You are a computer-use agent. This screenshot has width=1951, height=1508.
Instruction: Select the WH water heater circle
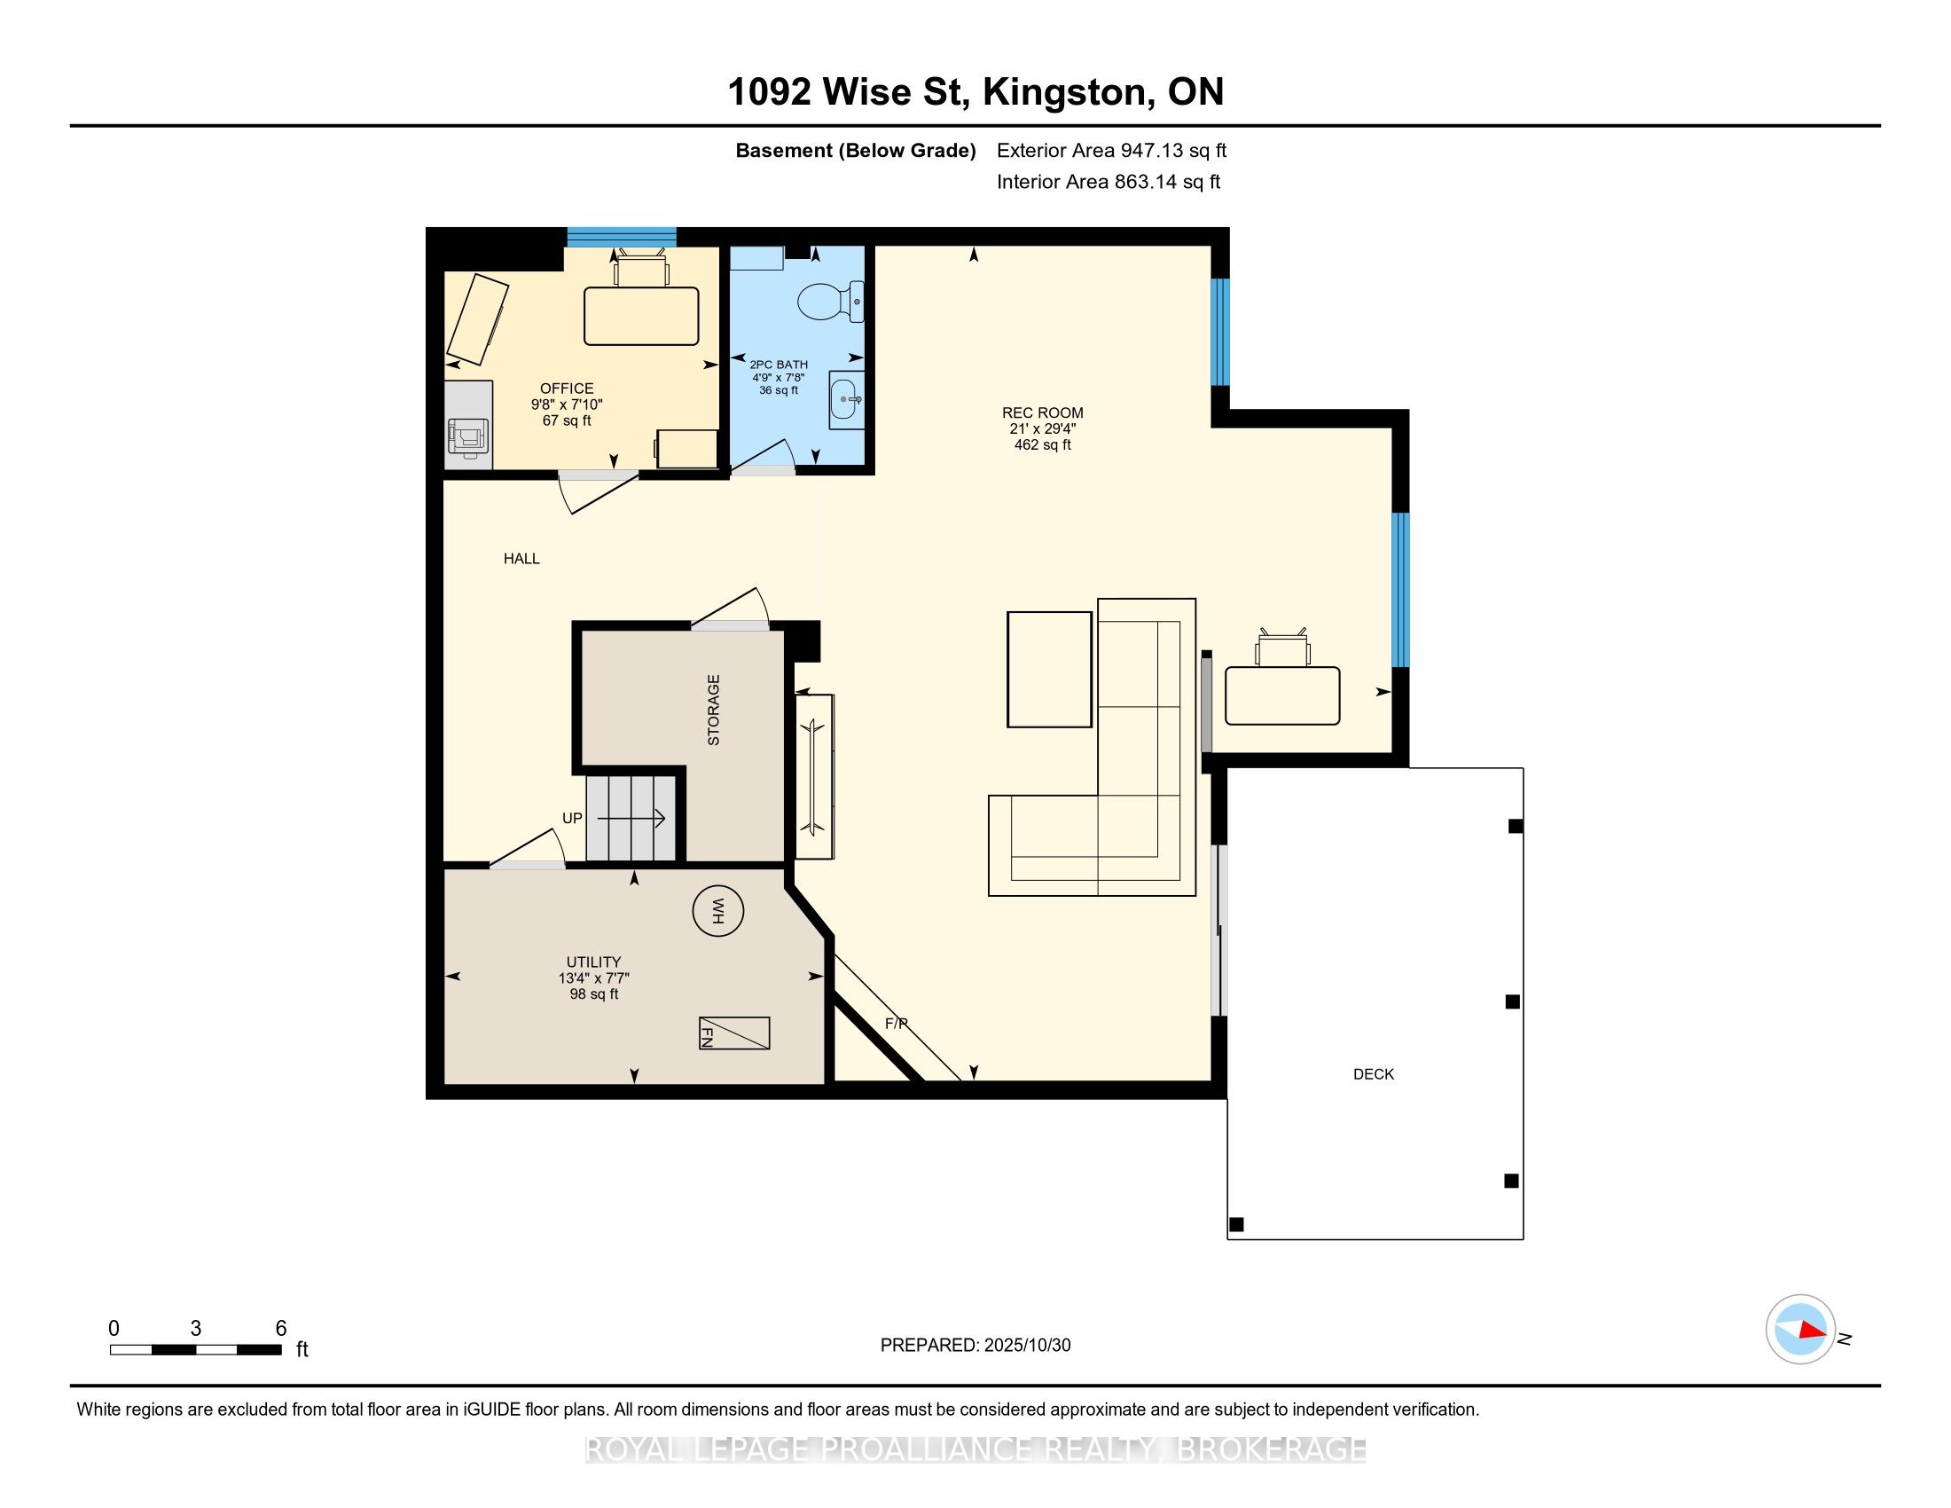point(718,911)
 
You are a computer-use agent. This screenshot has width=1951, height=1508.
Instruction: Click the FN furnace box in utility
point(734,1033)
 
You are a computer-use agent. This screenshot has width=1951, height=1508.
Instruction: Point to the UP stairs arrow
point(631,818)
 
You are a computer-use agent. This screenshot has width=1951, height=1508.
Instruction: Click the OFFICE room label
point(567,389)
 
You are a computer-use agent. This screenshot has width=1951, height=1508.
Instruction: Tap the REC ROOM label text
point(1043,412)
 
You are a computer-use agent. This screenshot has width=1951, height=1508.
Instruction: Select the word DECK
point(1373,1074)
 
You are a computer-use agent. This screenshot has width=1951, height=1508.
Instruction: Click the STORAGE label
point(713,711)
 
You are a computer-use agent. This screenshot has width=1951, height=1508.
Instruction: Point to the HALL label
point(521,558)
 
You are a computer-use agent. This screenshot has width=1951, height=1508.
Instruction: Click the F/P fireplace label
point(896,1024)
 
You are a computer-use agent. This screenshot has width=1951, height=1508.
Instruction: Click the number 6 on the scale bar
point(280,1329)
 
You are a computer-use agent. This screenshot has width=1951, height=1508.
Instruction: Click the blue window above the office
point(622,237)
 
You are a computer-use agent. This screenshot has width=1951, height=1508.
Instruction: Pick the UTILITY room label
point(593,962)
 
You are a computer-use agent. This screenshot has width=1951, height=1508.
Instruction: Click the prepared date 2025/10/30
point(1026,1346)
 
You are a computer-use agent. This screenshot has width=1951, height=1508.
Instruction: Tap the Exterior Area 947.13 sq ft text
point(1111,150)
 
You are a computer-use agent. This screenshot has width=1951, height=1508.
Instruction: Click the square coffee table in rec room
point(1050,669)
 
